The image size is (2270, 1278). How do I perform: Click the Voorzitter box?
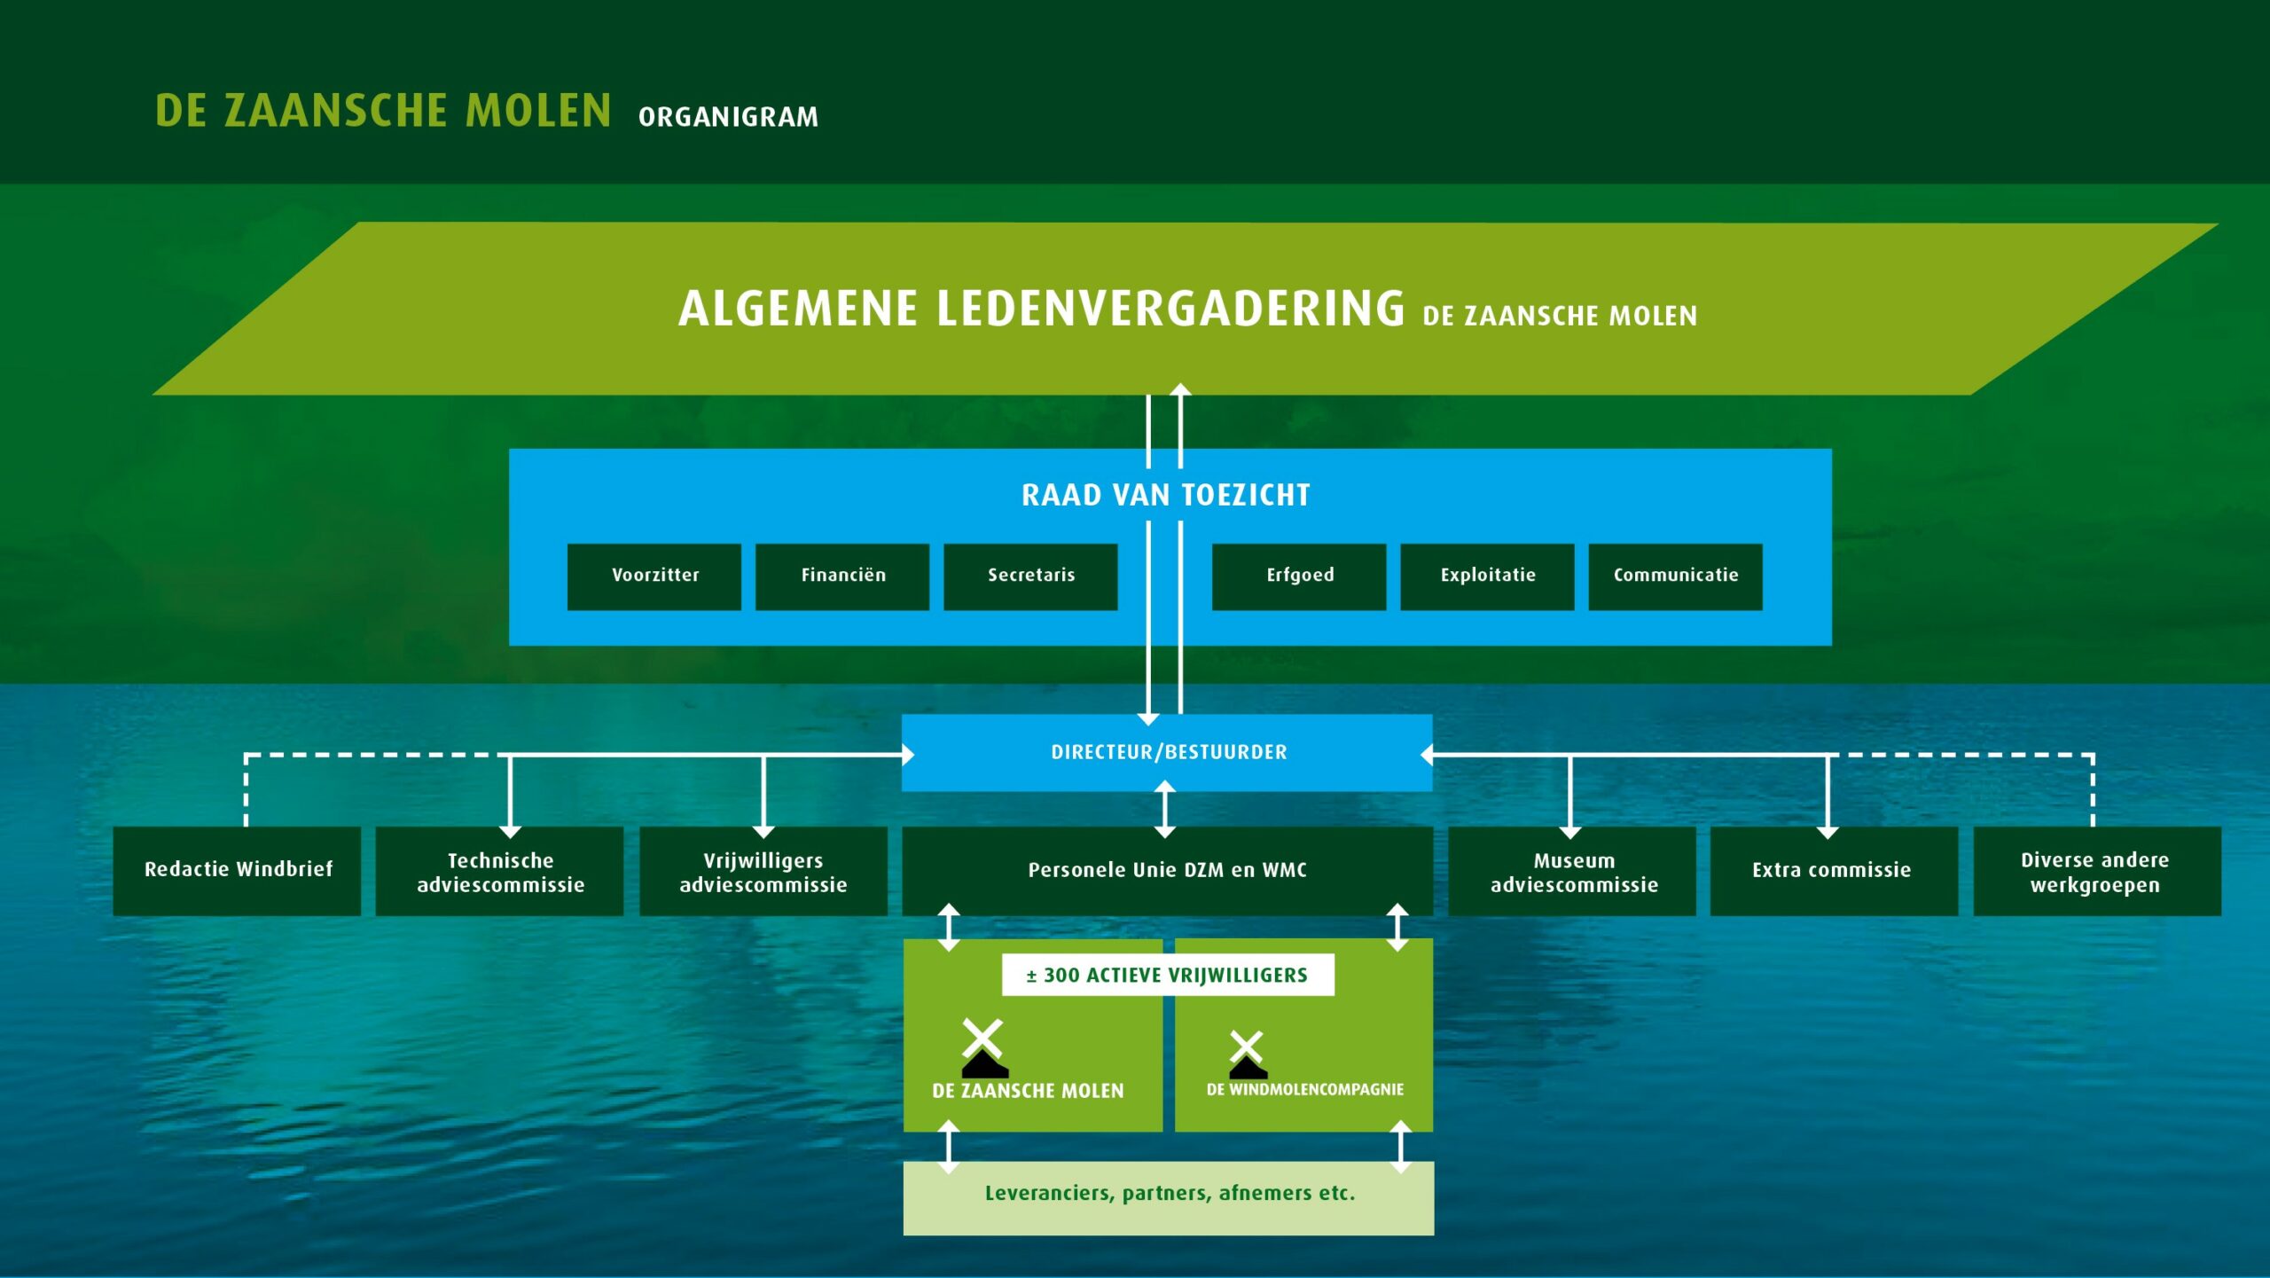click(654, 576)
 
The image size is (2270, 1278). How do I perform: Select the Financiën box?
click(842, 576)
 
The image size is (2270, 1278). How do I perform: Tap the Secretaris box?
click(1030, 576)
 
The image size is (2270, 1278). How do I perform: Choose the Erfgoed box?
click(1299, 576)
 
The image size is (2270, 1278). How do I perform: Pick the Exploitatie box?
click(1487, 576)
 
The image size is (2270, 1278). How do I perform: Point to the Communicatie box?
click(1675, 576)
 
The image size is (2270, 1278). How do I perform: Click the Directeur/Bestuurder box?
click(1167, 752)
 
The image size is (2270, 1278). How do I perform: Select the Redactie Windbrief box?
click(238, 871)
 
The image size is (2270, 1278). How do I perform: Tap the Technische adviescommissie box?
click(500, 871)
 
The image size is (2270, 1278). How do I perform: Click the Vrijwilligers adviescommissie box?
click(763, 871)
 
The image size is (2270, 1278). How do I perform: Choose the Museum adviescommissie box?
click(1573, 871)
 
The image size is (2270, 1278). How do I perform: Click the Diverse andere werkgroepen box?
click(2096, 871)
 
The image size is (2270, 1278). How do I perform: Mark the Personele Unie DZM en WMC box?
click(1167, 870)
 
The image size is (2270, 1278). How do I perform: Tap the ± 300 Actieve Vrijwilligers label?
click(1167, 976)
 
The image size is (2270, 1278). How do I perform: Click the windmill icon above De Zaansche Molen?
click(983, 1048)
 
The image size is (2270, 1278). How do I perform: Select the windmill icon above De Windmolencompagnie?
click(1247, 1054)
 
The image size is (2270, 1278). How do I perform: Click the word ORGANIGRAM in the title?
click(728, 117)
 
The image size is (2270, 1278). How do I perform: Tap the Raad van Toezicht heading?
click(1166, 495)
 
